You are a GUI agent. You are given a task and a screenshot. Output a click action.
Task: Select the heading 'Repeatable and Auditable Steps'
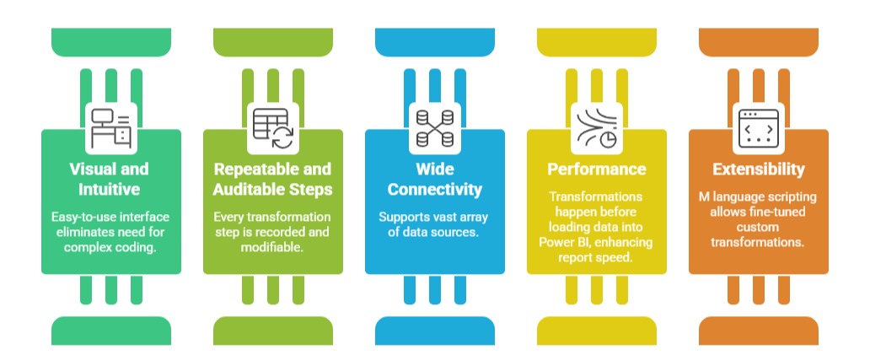pyautogui.click(x=272, y=179)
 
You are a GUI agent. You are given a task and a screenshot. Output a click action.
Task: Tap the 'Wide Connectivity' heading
pyautogui.click(x=435, y=179)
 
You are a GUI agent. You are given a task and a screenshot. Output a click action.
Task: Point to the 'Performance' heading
pyautogui.click(x=596, y=169)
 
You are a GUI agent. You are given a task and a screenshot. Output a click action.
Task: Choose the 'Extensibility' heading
pyautogui.click(x=758, y=169)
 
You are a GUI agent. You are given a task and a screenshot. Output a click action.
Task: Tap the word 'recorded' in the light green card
pyautogui.click(x=296, y=231)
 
